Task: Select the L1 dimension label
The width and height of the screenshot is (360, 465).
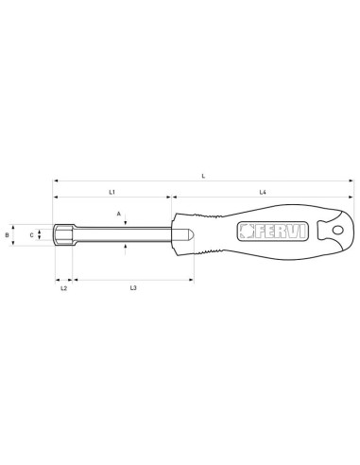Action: pos(111,192)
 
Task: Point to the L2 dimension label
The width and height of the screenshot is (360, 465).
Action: pos(63,287)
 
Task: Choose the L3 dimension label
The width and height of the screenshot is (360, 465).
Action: pos(134,287)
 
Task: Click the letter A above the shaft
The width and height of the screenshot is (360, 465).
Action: pos(119,214)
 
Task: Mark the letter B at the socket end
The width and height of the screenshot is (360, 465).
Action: pos(8,232)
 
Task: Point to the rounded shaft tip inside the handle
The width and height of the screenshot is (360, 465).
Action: pos(187,232)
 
